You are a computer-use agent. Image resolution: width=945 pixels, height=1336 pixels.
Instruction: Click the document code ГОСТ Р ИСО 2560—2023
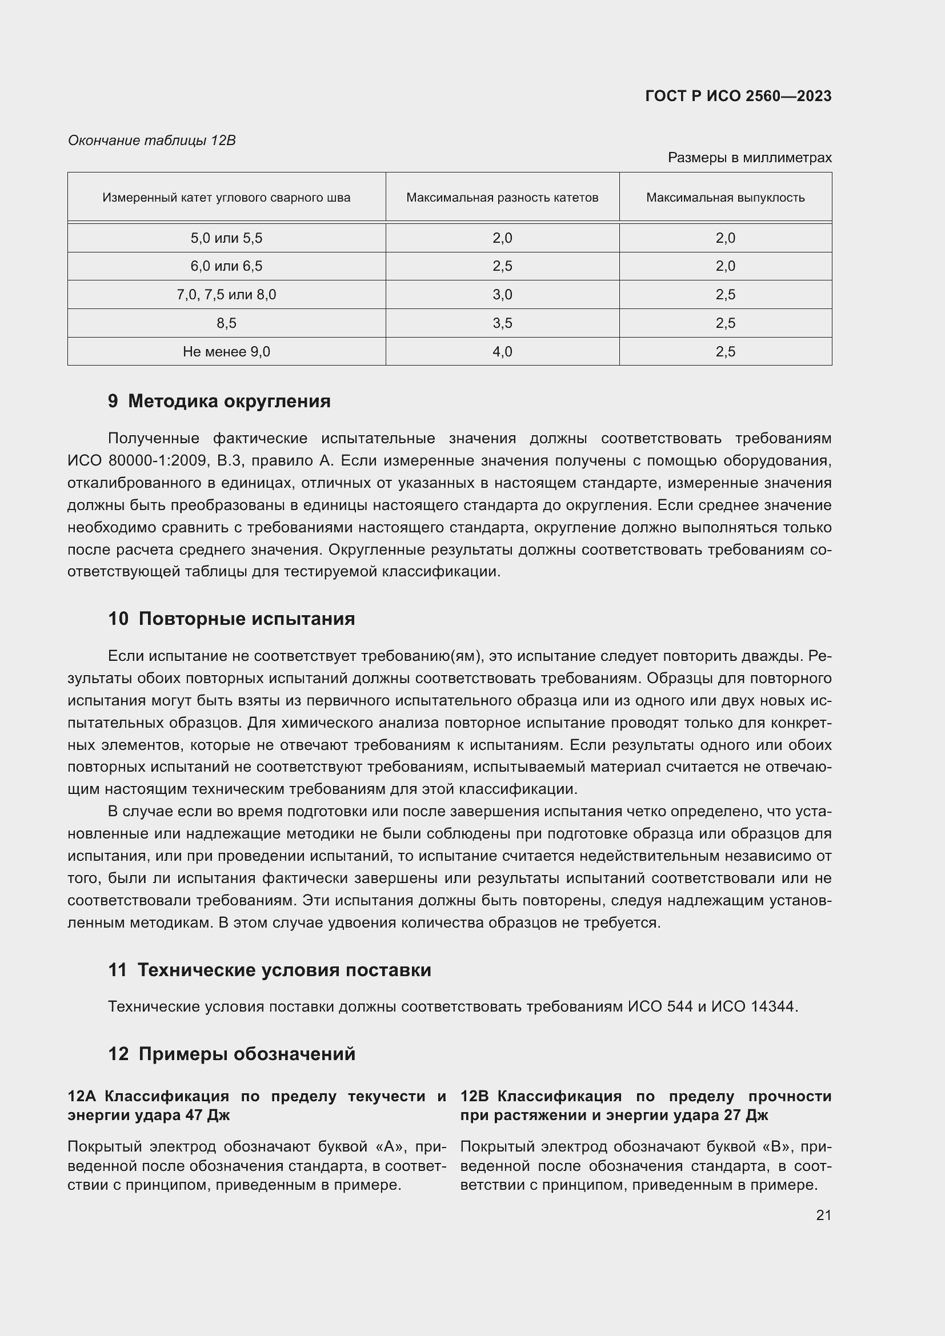[x=738, y=96]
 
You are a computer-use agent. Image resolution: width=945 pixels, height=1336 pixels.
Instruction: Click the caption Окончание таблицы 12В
[x=152, y=141]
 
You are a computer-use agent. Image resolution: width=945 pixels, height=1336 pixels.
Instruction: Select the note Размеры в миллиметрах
[x=750, y=158]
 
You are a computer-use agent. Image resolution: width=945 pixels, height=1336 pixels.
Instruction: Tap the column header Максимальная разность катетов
[x=502, y=198]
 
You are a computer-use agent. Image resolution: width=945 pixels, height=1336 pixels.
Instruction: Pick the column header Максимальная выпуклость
[x=725, y=198]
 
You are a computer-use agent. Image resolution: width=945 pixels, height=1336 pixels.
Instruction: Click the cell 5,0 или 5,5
[x=226, y=238]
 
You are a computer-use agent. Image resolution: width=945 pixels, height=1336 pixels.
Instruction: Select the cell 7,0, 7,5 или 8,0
[x=226, y=295]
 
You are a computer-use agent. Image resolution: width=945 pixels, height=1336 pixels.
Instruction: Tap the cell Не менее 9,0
[x=226, y=352]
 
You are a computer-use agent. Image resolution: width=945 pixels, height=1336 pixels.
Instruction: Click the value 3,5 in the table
[x=502, y=323]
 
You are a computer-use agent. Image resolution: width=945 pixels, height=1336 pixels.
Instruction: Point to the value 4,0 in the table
[x=502, y=352]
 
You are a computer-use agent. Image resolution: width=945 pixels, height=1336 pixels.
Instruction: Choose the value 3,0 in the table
[x=502, y=295]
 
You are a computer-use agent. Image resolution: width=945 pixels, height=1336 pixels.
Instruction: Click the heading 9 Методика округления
[x=219, y=402]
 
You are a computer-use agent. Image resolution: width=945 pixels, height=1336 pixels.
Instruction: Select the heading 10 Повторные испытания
[x=231, y=619]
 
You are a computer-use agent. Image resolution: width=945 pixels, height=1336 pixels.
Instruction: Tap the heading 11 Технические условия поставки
[x=270, y=970]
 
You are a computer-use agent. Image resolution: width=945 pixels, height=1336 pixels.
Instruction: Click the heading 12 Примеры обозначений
[x=231, y=1054]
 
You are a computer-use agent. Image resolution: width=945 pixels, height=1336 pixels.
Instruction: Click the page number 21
[x=823, y=1215]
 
